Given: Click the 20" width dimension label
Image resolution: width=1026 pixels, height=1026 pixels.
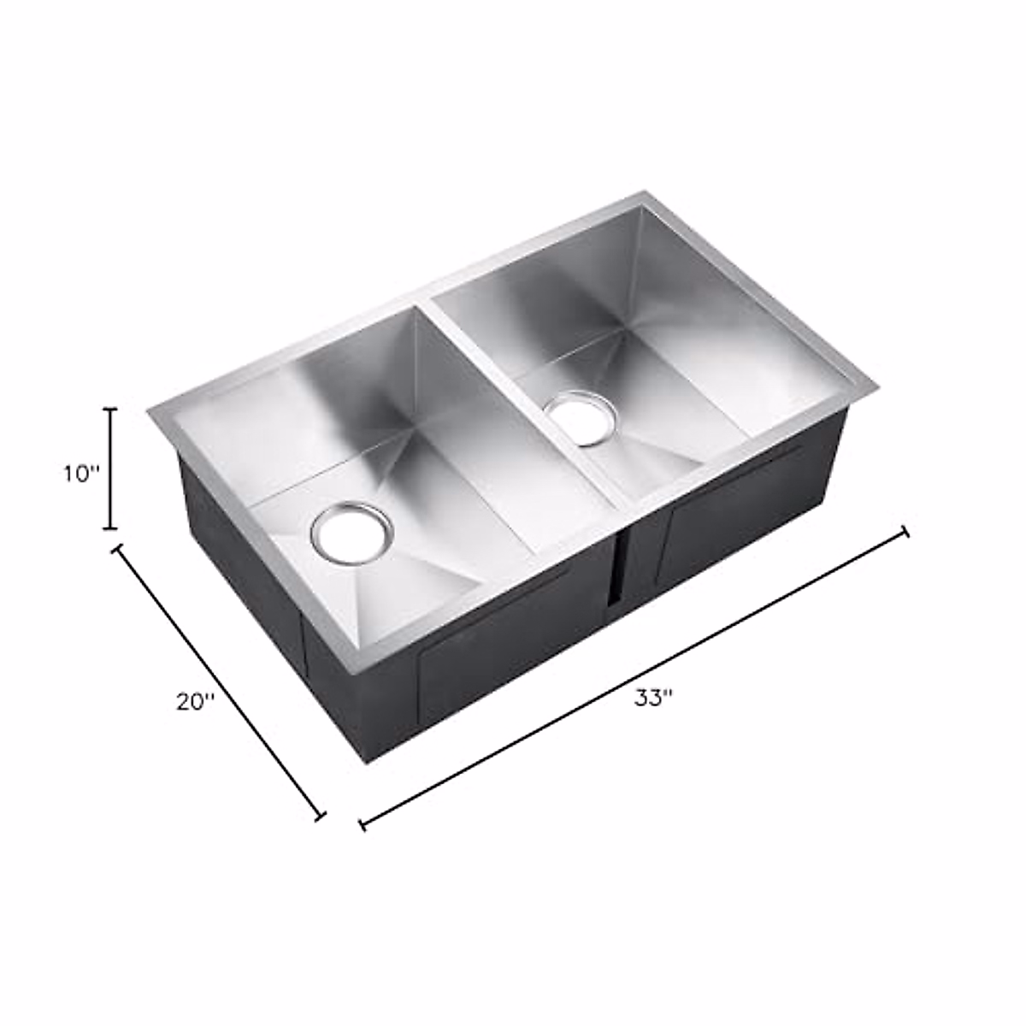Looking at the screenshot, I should (x=195, y=702).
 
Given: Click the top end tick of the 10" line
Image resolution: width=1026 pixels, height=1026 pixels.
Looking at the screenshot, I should (x=109, y=410).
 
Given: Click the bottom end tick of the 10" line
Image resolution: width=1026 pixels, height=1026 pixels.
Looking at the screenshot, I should (x=109, y=529).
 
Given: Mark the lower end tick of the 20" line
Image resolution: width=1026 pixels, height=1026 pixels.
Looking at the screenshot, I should (x=321, y=817).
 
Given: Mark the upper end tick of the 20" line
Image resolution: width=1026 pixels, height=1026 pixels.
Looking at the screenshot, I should (x=117, y=548).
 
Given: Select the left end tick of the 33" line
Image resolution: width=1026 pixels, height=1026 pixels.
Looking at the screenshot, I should (x=363, y=825).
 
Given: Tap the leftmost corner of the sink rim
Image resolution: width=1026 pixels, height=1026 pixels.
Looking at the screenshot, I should (x=150, y=411).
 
